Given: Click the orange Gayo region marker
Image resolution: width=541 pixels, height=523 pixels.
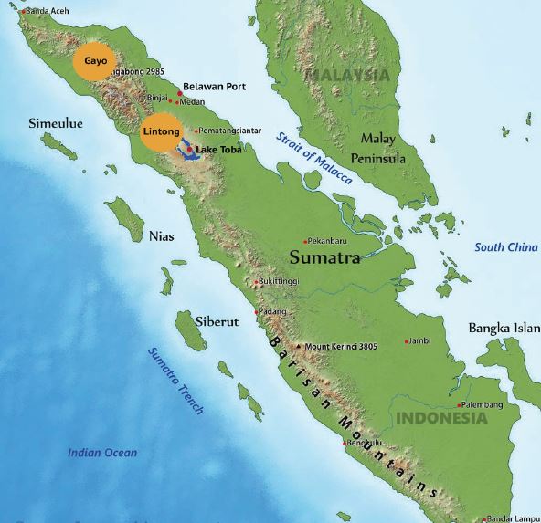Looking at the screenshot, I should tap(96, 60).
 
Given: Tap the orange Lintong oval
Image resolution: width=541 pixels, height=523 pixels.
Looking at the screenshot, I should tap(163, 132).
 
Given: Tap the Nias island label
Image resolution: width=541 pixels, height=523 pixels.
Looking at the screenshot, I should tap(161, 235).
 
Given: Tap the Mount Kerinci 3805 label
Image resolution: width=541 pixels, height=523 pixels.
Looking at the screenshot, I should tap(341, 347).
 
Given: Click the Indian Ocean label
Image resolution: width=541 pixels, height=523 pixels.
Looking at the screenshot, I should tap(102, 453).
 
